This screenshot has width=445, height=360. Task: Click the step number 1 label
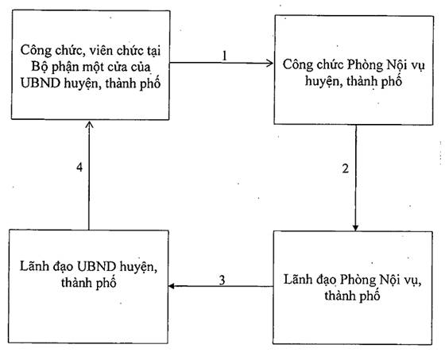point(225,56)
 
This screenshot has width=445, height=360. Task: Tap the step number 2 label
point(346,168)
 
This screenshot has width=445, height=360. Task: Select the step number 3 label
point(222,281)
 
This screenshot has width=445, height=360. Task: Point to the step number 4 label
point(79,167)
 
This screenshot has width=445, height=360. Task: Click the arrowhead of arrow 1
point(269,63)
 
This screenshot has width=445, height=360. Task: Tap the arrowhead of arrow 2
point(355,227)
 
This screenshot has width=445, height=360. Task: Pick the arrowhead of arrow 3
point(172,286)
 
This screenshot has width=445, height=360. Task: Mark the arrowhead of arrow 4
point(89,126)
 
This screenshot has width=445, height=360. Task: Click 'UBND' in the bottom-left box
point(97,266)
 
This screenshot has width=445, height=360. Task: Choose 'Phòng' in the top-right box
point(366,65)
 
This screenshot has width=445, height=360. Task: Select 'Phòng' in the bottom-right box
point(358,280)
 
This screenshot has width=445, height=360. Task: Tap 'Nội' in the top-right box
point(397,65)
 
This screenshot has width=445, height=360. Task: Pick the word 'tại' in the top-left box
point(153,51)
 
